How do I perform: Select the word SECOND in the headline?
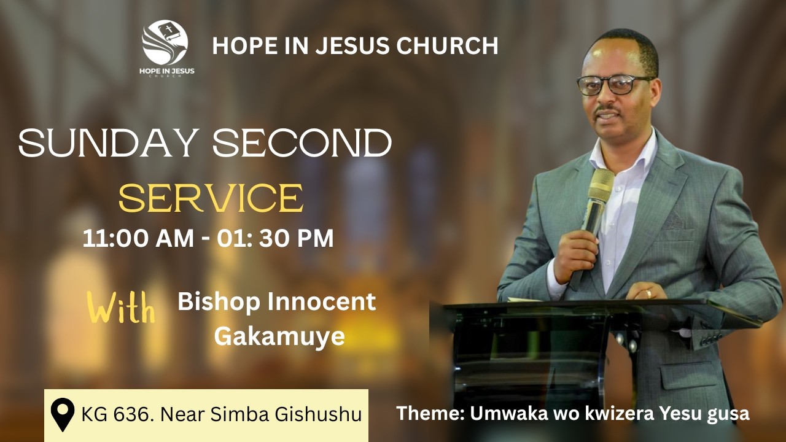click(302, 144)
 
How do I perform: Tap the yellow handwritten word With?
click(121, 308)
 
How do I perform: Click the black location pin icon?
click(62, 414)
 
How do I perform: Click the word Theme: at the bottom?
click(430, 413)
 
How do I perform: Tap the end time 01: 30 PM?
click(276, 238)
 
